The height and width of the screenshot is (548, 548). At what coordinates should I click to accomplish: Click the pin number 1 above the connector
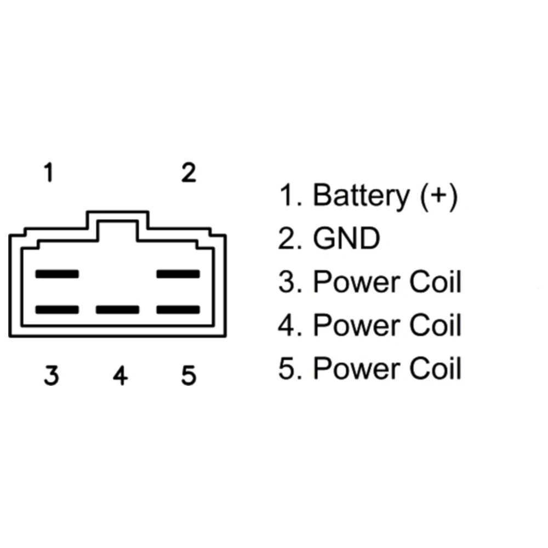click(x=49, y=174)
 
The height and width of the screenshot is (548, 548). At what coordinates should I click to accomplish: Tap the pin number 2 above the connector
click(x=189, y=174)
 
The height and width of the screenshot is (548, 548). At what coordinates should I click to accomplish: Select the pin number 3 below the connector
click(x=51, y=376)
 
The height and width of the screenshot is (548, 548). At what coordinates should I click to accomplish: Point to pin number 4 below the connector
click(x=120, y=376)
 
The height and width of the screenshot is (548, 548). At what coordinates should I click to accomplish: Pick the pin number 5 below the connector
click(x=189, y=376)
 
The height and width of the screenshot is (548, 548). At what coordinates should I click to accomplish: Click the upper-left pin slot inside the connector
click(x=57, y=273)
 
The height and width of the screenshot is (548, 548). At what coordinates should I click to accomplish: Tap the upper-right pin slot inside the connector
click(x=178, y=273)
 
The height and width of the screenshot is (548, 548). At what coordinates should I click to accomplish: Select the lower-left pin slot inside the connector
click(x=57, y=310)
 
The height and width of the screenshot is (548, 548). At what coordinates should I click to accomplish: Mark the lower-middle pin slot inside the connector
click(x=117, y=310)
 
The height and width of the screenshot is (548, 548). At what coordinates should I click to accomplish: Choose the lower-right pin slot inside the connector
click(x=178, y=310)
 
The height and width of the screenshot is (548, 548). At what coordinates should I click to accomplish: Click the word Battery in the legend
click(x=361, y=196)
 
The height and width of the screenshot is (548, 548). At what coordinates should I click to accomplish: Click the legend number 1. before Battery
click(x=290, y=196)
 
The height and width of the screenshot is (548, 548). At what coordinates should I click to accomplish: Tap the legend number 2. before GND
click(x=290, y=239)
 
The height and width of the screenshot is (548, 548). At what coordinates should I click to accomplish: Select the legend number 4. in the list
click(x=290, y=326)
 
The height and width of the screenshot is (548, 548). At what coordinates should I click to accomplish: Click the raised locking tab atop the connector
click(x=117, y=222)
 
